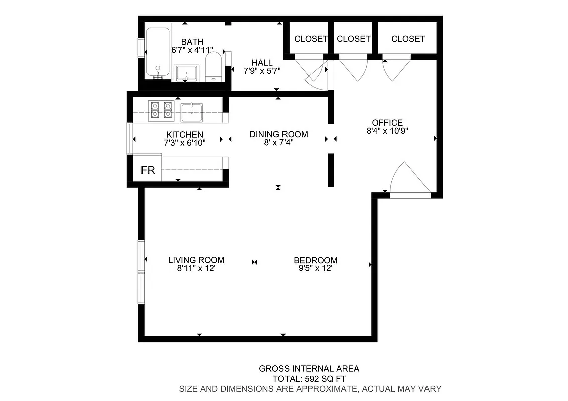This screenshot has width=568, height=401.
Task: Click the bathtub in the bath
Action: click(158, 53)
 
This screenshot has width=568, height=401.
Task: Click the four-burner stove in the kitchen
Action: click(161, 110)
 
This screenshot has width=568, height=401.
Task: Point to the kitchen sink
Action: click(191, 112)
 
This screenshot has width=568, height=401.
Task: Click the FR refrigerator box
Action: click(148, 170)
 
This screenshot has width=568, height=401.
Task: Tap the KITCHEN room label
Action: click(185, 134)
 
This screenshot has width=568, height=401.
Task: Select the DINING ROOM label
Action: click(278, 134)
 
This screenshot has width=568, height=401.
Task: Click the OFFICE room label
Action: click(387, 123)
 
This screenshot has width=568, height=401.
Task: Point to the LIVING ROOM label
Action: click(196, 260)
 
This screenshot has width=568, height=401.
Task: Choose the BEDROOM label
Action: click(315, 260)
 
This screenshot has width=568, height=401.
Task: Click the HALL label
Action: click(262, 63)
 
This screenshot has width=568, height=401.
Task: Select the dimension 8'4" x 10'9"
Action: click(387, 131)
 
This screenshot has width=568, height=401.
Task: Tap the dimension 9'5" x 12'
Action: click(315, 268)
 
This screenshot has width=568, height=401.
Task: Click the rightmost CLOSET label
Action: click(408, 39)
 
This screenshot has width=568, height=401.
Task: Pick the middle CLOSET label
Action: click(354, 39)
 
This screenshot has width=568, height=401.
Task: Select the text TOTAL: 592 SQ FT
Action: click(309, 379)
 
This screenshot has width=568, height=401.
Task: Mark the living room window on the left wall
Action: click(141, 272)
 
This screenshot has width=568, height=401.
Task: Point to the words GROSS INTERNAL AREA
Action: click(309, 369)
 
